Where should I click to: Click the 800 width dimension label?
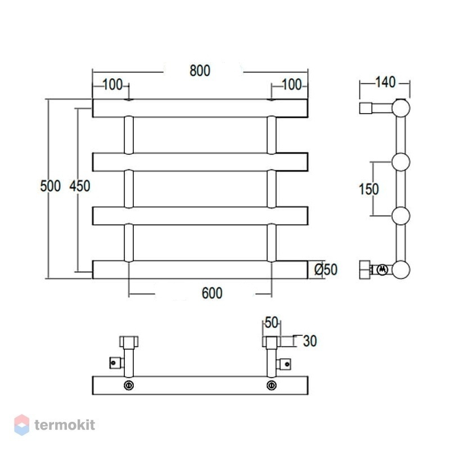200,71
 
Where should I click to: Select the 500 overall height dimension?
51,186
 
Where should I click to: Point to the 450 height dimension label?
80,186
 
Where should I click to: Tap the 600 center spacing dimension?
212,293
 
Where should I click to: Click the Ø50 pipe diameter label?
326,269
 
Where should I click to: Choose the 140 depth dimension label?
385,82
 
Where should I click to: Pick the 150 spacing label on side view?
369,189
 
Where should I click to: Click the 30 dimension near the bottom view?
310,341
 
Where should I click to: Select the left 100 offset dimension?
112,85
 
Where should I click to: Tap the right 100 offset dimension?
291,85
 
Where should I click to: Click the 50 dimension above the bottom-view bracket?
271,322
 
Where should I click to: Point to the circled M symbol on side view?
382,270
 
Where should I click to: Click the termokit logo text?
65,425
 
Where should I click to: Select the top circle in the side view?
401,108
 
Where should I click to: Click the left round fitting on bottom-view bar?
129,385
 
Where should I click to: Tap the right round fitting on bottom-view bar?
272,385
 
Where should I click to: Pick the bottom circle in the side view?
401,269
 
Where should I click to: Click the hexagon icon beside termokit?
22,425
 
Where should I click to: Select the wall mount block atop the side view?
366,108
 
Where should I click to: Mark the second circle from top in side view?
401,162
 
